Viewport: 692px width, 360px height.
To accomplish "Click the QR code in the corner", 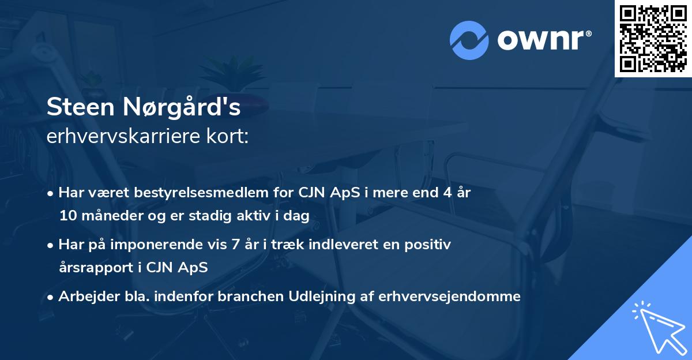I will coord(653,39).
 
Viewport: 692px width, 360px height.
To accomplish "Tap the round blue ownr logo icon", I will coord(469,40).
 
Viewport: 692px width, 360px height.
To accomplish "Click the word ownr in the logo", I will coord(544,40).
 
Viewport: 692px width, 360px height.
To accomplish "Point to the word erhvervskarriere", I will coord(117,137).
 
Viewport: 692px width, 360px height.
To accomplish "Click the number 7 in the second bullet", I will coord(234,245).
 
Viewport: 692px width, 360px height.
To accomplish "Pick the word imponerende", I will coord(176,245).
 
